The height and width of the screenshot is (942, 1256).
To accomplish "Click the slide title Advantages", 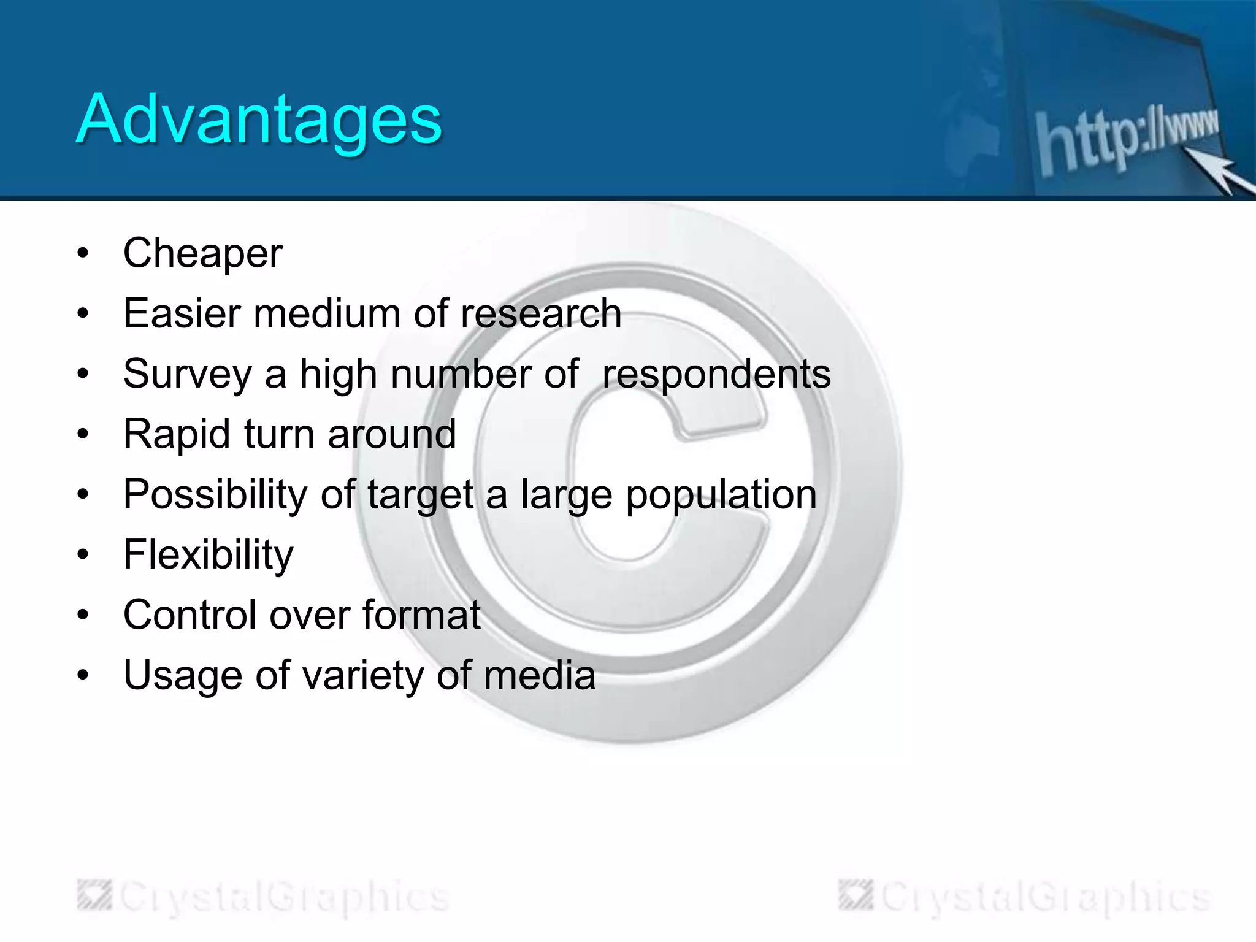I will [258, 120].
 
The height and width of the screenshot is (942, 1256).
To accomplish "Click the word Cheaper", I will [203, 253].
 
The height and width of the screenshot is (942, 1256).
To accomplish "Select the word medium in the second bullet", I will [327, 313].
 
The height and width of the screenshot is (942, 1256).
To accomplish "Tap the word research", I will [541, 313].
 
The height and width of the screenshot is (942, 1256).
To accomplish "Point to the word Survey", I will [187, 374].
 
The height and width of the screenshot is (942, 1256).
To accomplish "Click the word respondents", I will [716, 374].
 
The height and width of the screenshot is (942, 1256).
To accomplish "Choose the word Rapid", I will [177, 434].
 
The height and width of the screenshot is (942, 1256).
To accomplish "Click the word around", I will [392, 434].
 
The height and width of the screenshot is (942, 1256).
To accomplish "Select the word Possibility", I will [215, 494].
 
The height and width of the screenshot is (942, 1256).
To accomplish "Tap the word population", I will [721, 494].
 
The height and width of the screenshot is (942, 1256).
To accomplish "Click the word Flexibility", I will [209, 554].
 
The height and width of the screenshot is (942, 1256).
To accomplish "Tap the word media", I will [540, 675].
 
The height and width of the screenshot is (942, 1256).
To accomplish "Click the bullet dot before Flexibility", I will [83, 554].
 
